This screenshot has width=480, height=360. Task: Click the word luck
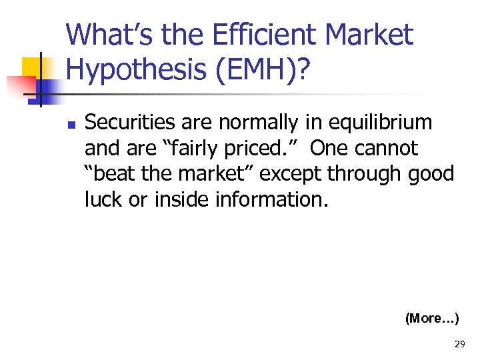click(x=102, y=199)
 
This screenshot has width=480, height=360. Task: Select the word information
click(x=272, y=199)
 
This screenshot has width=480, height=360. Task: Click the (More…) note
click(x=432, y=319)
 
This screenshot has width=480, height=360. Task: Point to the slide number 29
click(x=459, y=344)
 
